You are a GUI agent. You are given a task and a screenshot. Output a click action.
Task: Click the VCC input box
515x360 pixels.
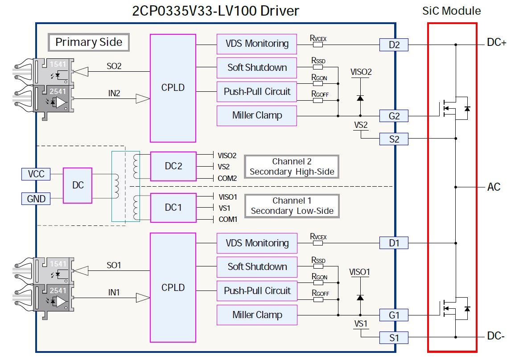[x=36, y=174]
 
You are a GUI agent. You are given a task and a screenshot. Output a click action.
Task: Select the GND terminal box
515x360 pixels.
[x=36, y=198]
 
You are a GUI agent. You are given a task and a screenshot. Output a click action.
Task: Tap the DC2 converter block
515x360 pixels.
[x=173, y=167]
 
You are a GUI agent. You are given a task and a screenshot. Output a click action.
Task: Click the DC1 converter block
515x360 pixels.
[x=173, y=208]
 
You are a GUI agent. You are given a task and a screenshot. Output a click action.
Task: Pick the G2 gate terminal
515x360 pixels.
[x=394, y=116]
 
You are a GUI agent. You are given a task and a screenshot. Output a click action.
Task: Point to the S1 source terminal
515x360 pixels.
[x=394, y=338]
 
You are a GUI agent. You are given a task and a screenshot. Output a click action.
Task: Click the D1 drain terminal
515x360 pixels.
[x=394, y=243]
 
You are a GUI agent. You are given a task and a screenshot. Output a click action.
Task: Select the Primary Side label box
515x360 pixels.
[x=89, y=42]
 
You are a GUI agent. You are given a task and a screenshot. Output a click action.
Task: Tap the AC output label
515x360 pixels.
[x=494, y=187]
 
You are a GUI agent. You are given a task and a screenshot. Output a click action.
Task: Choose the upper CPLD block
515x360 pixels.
[x=173, y=88]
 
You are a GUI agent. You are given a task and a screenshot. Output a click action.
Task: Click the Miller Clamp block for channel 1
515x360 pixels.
[x=257, y=315]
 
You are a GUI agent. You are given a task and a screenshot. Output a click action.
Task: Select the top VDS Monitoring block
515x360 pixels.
[x=257, y=44]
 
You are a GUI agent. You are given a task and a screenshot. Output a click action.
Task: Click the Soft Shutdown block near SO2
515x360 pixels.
[x=257, y=68]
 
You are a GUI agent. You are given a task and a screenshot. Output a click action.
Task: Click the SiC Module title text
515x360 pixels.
[x=452, y=11]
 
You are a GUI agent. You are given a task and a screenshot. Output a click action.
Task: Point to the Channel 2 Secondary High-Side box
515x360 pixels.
[x=292, y=167]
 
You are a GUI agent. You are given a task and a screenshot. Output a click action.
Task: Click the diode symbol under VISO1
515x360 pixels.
[x=360, y=297]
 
